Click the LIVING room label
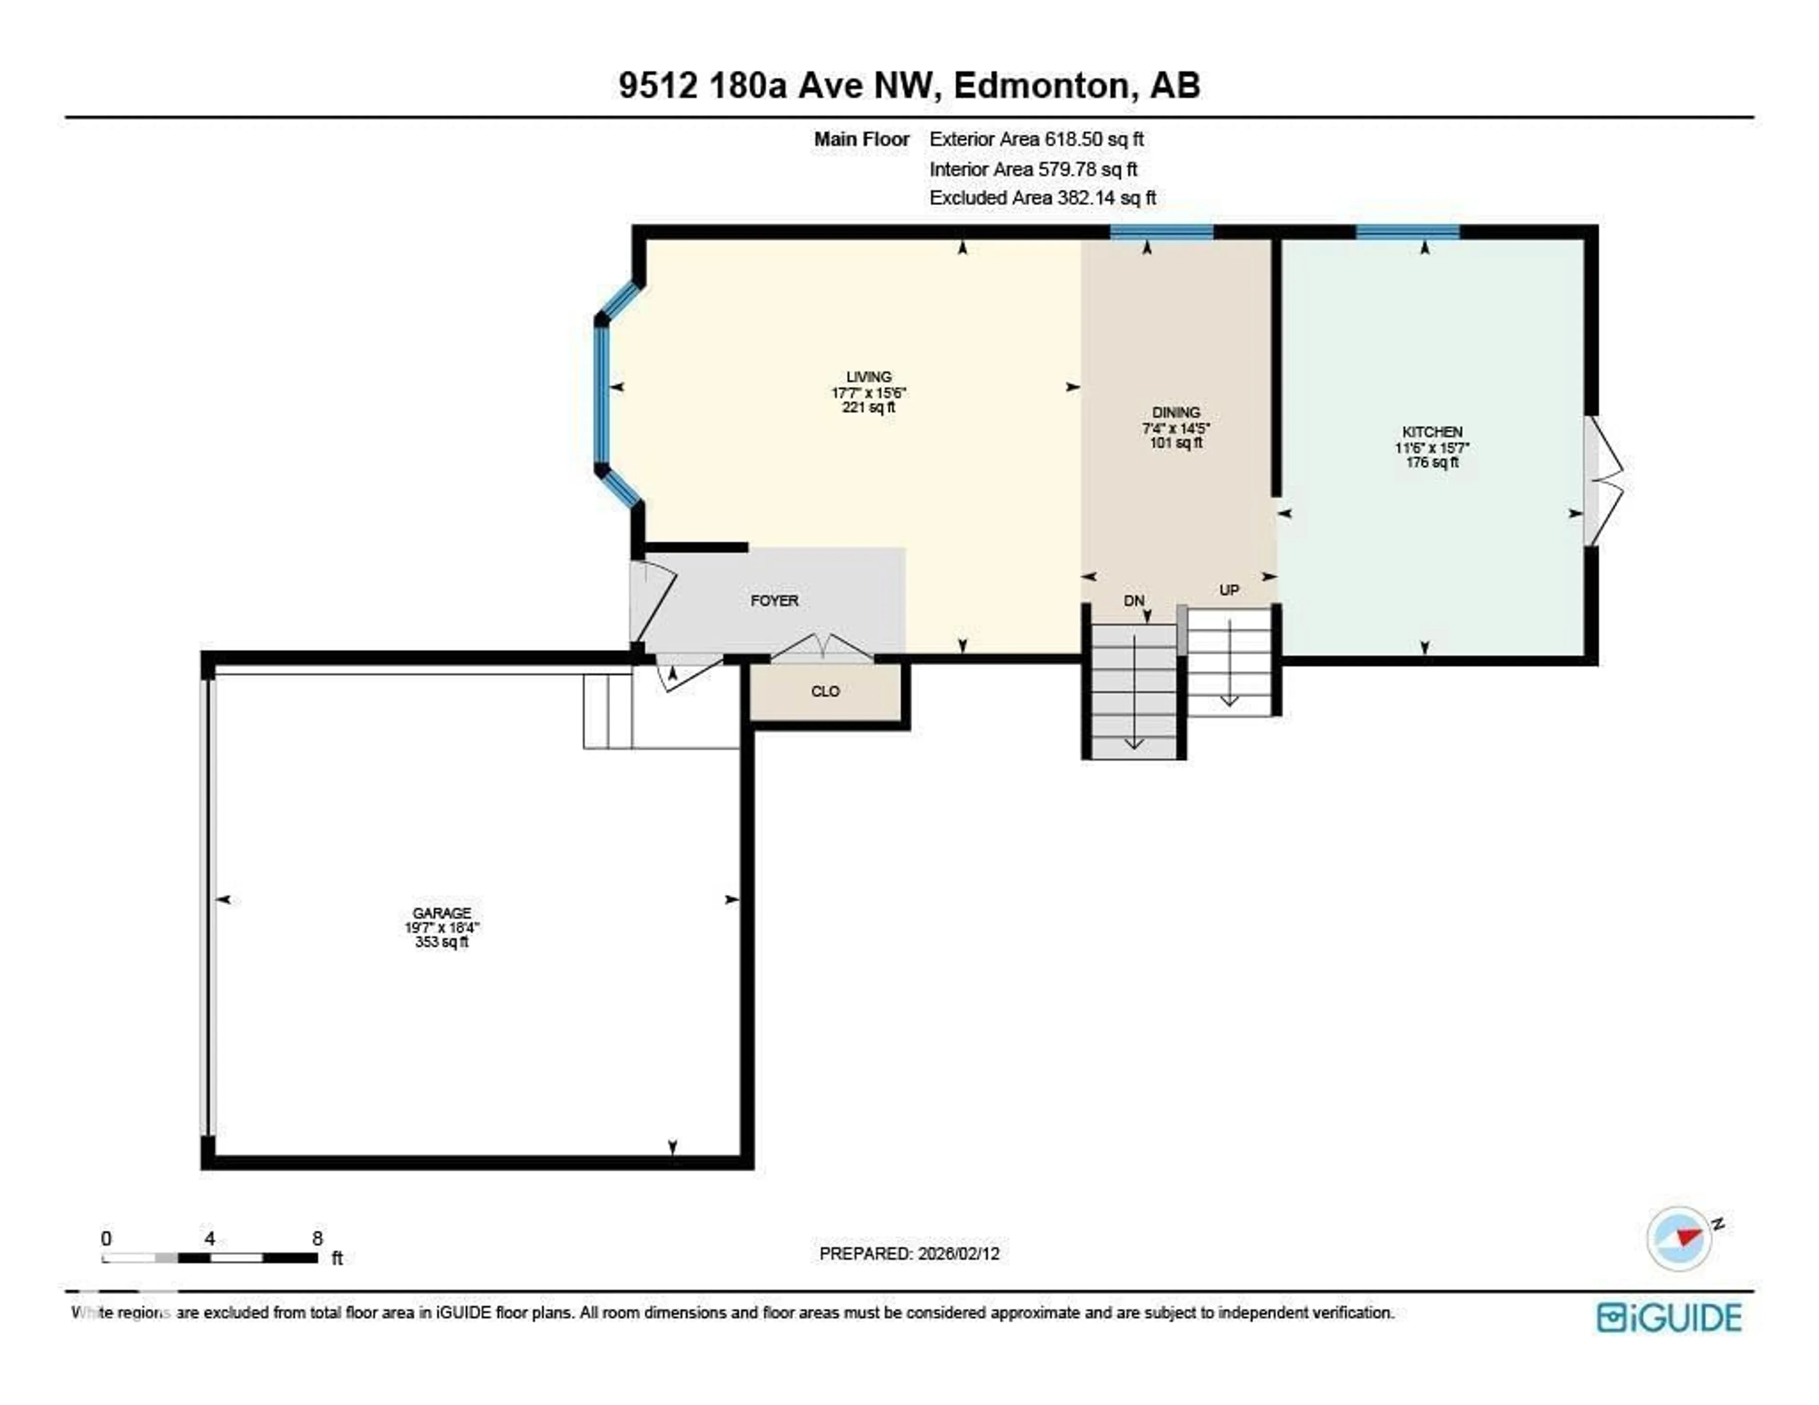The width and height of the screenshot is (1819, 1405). (869, 377)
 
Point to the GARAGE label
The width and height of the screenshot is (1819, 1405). (441, 913)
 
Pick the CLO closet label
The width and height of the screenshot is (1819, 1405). (825, 691)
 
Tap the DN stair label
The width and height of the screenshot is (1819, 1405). (1134, 601)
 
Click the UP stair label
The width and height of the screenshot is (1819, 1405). (1228, 590)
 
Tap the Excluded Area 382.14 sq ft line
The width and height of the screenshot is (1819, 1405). (1042, 198)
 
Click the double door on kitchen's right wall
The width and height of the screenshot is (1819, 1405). (1603, 480)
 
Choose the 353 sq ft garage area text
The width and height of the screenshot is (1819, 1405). (441, 942)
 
